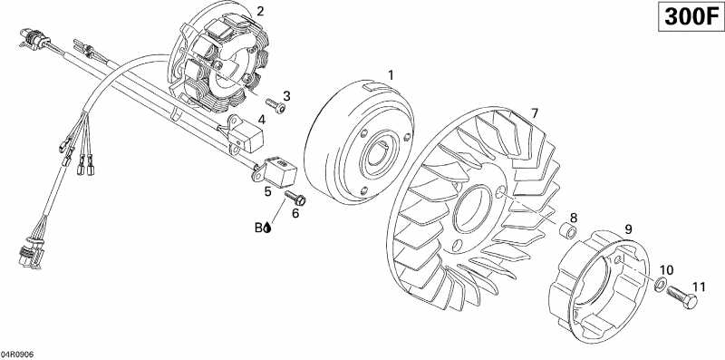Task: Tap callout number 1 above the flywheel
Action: point(391,74)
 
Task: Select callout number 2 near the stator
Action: point(260,12)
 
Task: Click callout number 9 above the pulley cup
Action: point(627,230)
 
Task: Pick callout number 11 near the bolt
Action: point(697,287)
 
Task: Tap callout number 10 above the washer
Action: point(666,270)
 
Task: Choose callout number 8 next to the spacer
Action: point(573,219)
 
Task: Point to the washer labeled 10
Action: point(659,287)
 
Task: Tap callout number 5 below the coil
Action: point(268,191)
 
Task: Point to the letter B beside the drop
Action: point(258,229)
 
